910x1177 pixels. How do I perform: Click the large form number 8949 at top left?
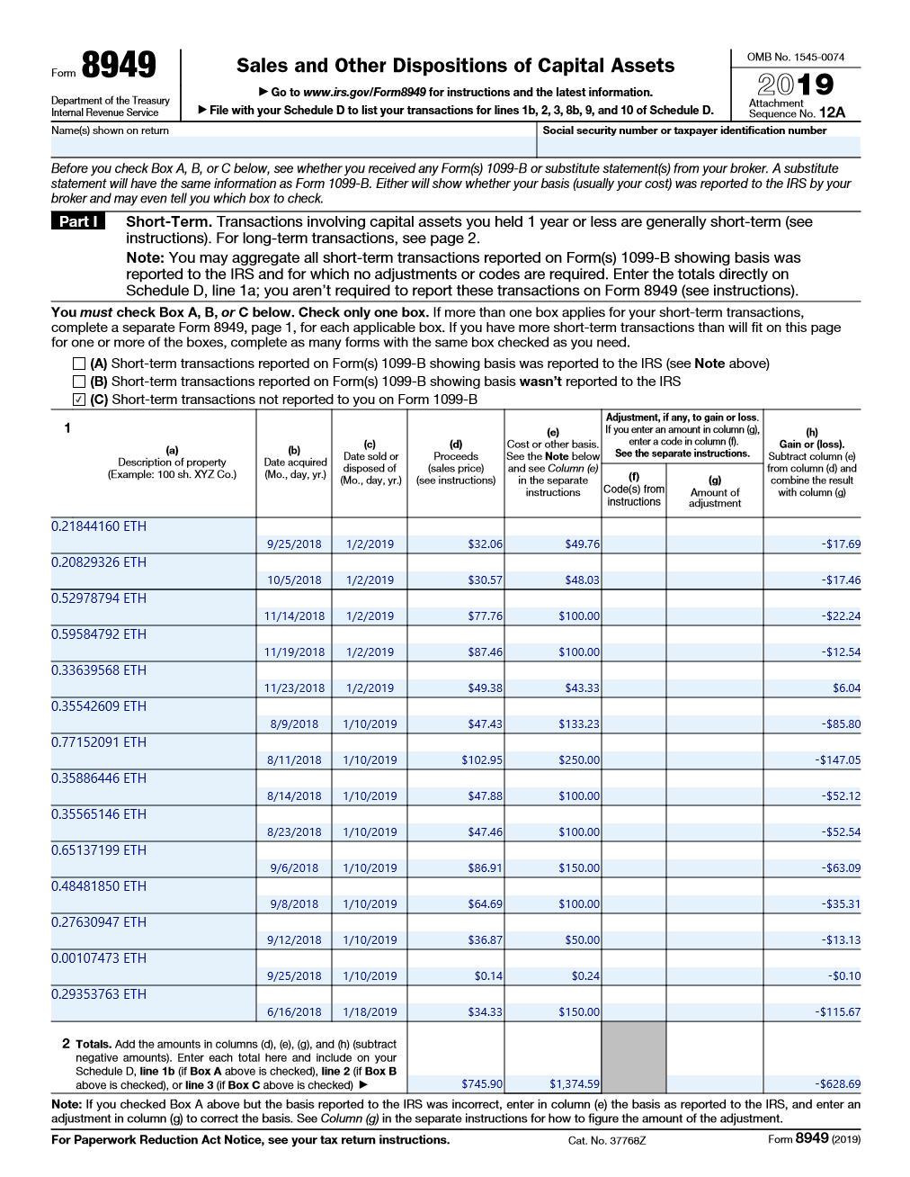(118, 66)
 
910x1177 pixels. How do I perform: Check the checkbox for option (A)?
(79, 364)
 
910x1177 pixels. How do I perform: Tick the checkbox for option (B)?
(79, 382)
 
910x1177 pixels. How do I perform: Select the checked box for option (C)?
(79, 400)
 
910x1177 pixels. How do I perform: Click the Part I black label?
(78, 221)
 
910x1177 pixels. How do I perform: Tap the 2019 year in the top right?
(796, 85)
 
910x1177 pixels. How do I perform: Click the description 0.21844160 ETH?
(99, 526)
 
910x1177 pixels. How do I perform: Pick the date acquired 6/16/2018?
(294, 1012)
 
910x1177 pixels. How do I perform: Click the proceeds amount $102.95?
(482, 760)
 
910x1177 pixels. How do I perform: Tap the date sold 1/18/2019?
(370, 1012)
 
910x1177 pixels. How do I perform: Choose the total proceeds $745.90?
(482, 1084)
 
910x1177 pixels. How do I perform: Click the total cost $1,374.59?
(574, 1084)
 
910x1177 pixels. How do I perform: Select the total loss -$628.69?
(837, 1084)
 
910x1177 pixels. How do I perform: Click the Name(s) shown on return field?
(293, 147)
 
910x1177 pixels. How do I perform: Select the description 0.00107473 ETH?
(99, 958)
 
